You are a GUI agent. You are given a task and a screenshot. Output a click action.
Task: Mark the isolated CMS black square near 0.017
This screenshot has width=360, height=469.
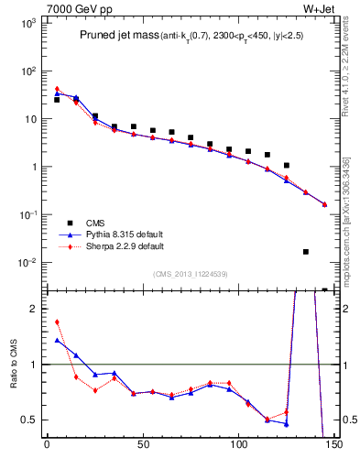pos(306,252)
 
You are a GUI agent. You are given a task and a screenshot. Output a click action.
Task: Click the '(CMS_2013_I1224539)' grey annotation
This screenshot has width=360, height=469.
pos(190,273)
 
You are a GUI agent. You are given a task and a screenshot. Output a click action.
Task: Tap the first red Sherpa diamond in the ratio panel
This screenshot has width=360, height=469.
pos(57,322)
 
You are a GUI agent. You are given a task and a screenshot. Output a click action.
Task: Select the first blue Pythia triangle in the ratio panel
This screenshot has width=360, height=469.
pos(57,340)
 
